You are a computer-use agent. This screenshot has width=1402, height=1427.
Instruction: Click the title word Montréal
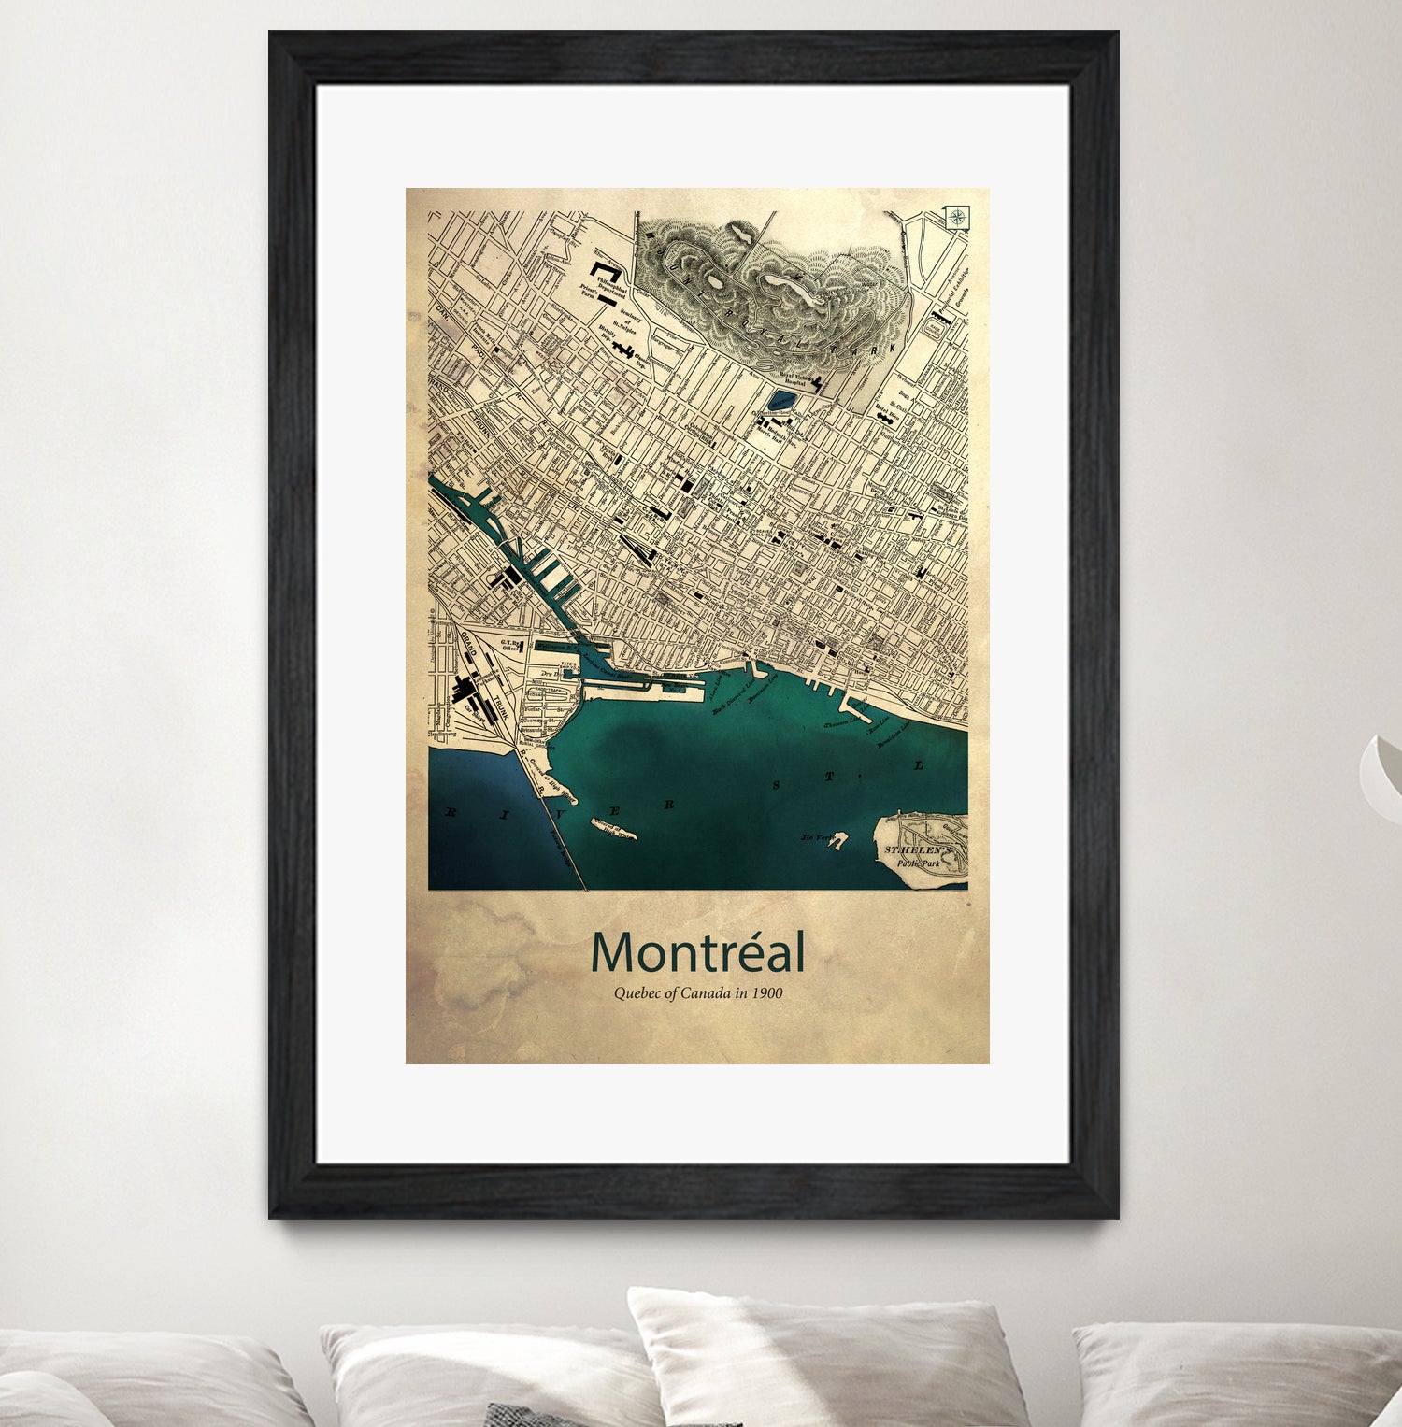click(697, 953)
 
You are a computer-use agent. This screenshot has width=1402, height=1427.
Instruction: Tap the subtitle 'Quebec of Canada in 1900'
click(697, 993)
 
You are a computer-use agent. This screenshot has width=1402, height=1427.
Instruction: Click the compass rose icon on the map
click(957, 218)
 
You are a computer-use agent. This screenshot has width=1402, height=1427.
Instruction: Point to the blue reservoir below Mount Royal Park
click(779, 402)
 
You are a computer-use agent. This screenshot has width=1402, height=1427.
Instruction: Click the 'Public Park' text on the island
click(918, 863)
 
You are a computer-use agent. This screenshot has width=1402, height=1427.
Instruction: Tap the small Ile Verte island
click(835, 841)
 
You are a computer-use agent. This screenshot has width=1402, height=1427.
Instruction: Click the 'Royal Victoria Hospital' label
click(794, 379)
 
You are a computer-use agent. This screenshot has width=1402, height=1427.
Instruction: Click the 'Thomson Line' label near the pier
click(840, 722)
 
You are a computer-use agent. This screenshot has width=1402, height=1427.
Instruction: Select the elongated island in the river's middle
click(612, 827)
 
